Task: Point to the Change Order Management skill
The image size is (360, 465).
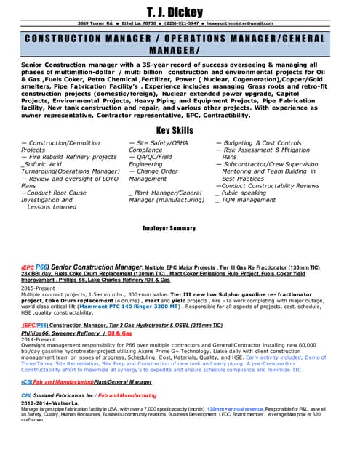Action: pos(154,174)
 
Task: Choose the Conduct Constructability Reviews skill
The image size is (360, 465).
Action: pos(267,185)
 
